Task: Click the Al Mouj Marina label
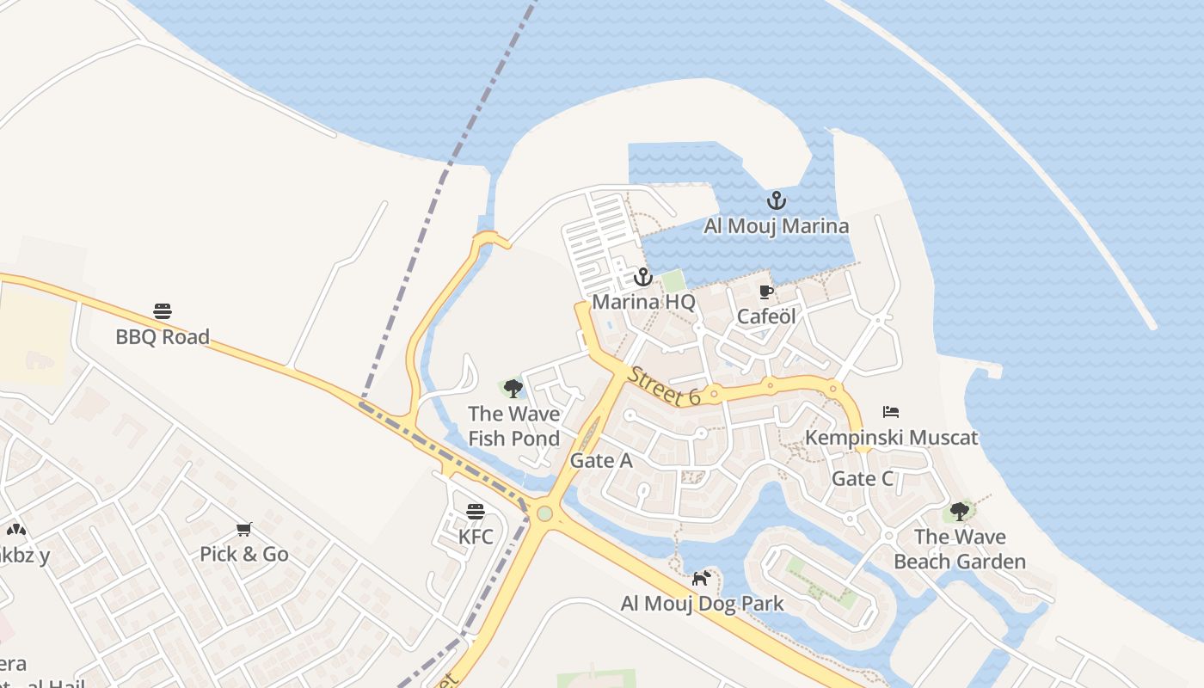click(776, 226)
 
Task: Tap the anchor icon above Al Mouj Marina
click(777, 201)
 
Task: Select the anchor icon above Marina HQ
click(643, 278)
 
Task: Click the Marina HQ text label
click(643, 303)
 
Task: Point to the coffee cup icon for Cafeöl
click(766, 292)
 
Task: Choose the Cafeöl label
click(766, 316)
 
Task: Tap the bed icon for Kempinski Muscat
click(891, 413)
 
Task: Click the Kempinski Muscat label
click(891, 438)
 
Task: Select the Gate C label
click(863, 479)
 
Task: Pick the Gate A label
click(601, 461)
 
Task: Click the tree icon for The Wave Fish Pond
click(513, 389)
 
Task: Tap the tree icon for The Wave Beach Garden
click(960, 513)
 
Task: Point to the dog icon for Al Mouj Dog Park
click(702, 578)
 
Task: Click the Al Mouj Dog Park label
click(702, 604)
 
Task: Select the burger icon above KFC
click(476, 512)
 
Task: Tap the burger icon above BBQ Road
click(163, 311)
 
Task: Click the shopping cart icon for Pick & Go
click(244, 529)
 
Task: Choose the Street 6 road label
click(664, 386)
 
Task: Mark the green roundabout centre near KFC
click(544, 513)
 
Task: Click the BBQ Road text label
click(163, 336)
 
